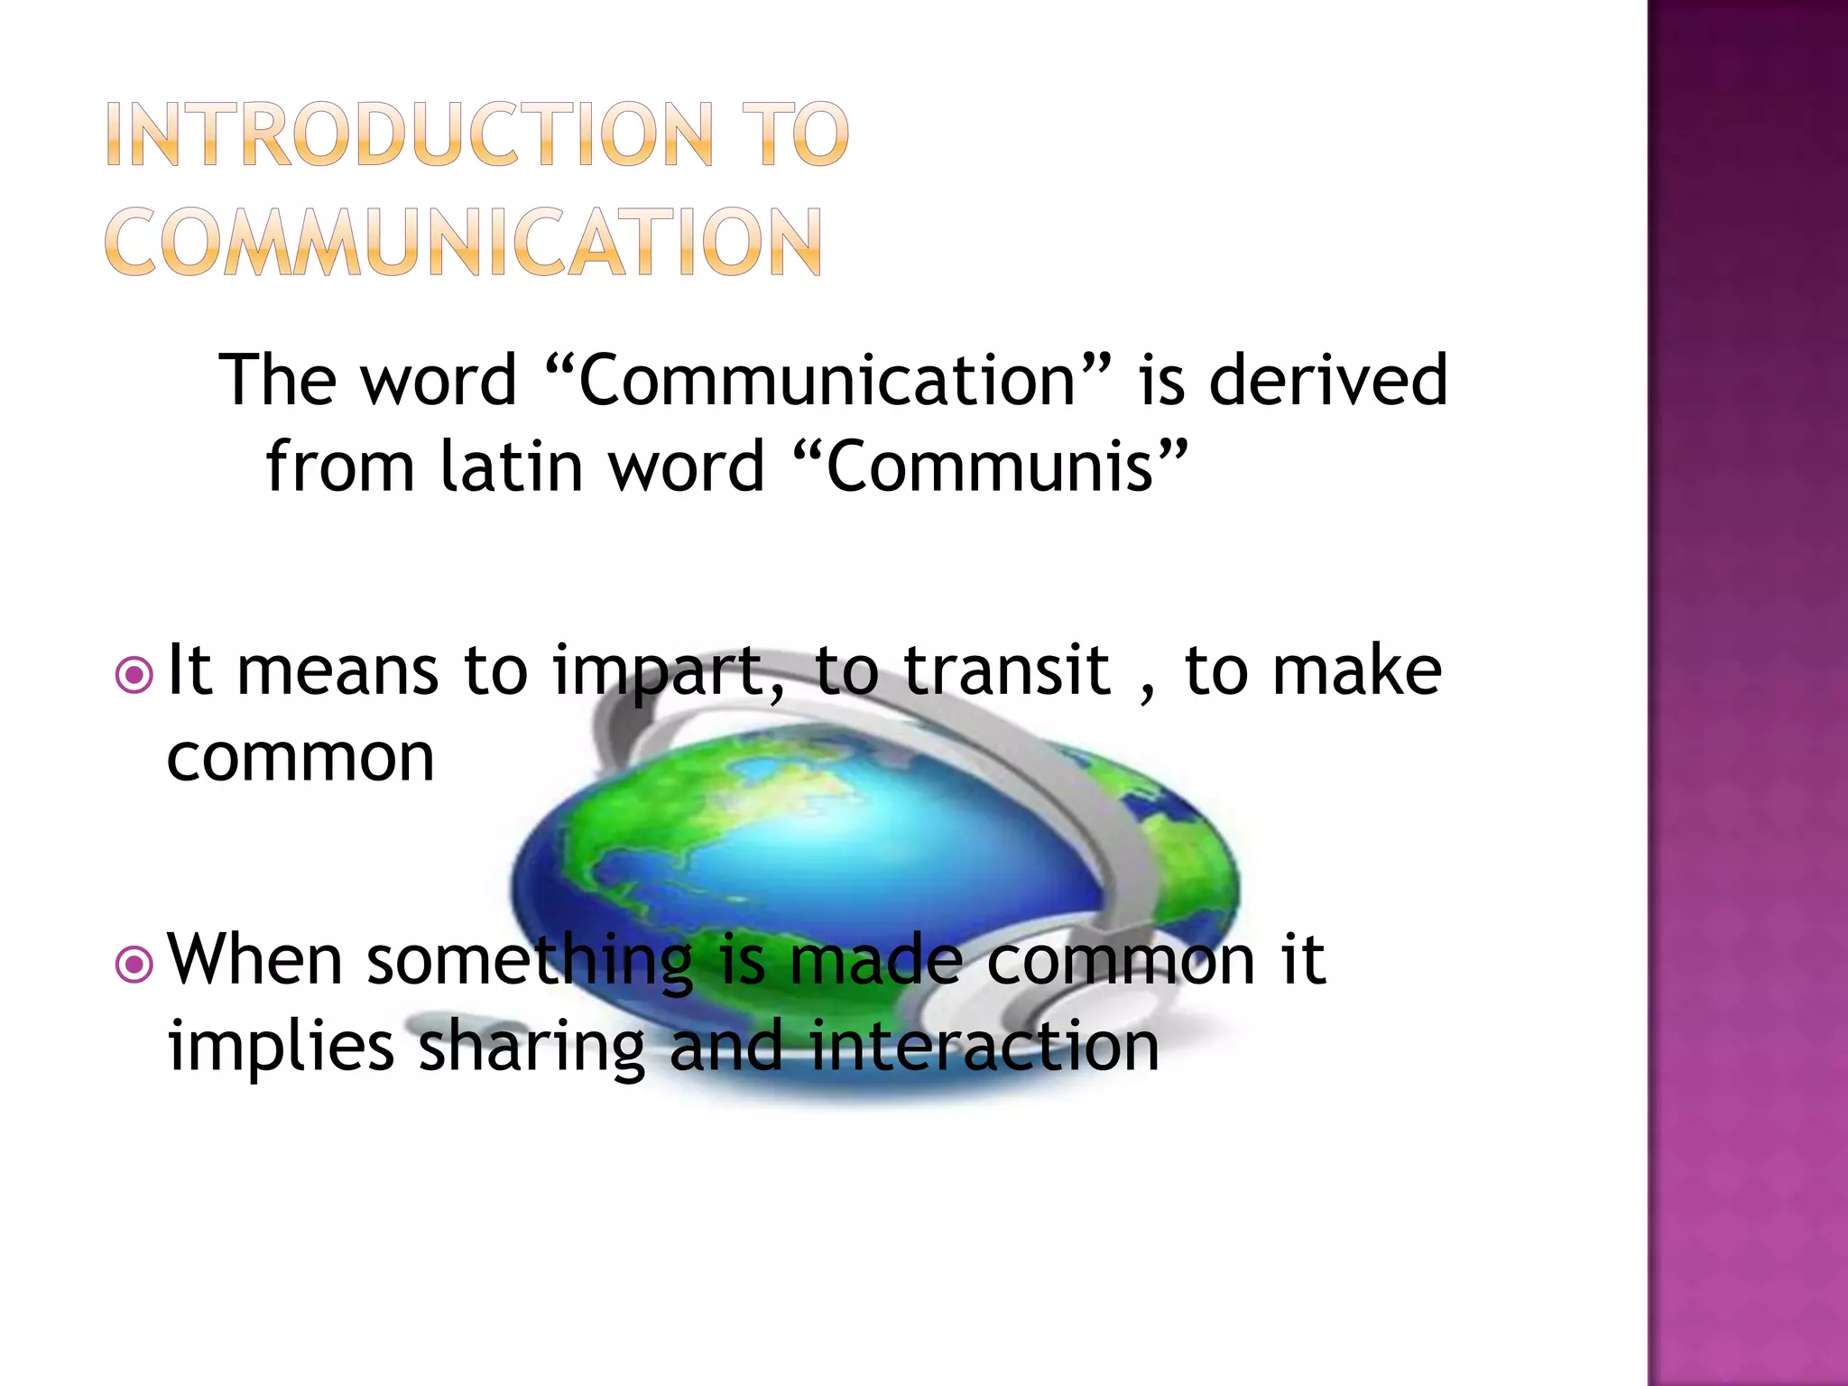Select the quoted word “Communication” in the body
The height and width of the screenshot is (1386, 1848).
[829, 380]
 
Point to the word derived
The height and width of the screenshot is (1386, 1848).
[1327, 380]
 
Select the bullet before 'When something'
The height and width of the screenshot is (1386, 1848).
[134, 965]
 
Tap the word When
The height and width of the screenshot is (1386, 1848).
[255, 959]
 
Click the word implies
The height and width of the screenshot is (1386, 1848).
[281, 1047]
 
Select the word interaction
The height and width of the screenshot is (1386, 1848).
[984, 1046]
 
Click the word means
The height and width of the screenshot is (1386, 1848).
[337, 672]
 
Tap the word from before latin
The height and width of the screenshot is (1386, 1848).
[339, 467]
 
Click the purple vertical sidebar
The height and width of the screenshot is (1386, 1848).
[1747, 693]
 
